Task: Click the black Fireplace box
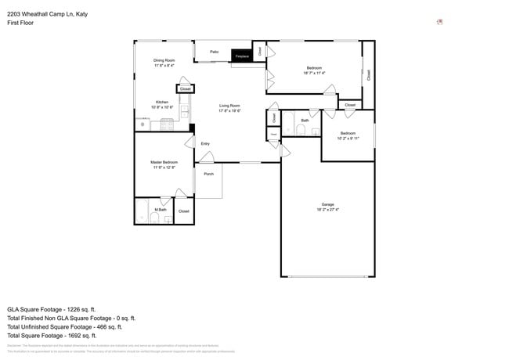point(242,56)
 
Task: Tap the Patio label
point(214,52)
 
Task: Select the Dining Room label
point(164,60)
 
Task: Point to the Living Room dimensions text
point(229,111)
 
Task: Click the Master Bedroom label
point(164,162)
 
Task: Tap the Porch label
point(208,174)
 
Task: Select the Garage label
point(327,205)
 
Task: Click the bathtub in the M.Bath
point(142,211)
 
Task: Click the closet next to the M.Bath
point(183,211)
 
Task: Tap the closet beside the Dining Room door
point(185,89)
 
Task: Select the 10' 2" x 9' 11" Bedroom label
point(347,135)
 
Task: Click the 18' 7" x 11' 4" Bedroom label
point(314,70)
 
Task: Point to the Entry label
point(205,144)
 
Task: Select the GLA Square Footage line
point(61,309)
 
